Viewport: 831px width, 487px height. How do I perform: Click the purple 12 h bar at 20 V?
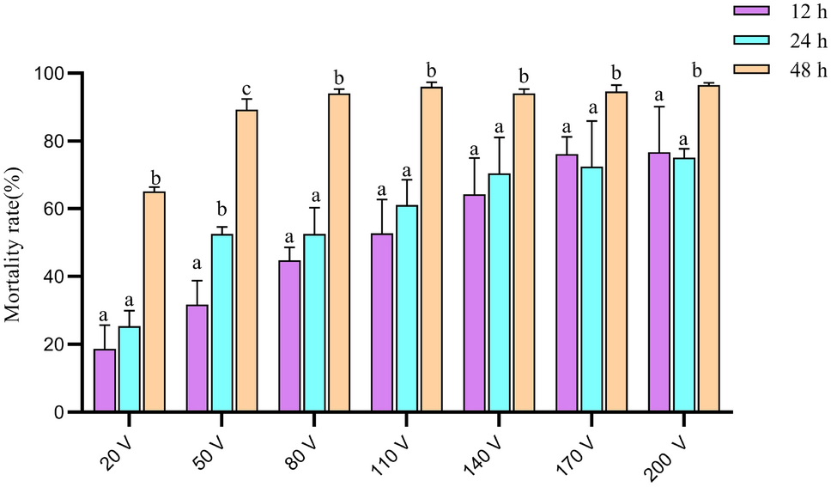pyautogui.click(x=105, y=380)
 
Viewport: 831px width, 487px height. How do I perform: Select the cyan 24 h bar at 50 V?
pyautogui.click(x=221, y=323)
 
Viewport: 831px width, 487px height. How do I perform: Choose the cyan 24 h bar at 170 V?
pyautogui.click(x=591, y=289)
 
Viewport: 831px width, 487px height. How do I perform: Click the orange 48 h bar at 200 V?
pyautogui.click(x=708, y=248)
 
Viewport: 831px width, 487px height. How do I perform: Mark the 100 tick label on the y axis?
pyautogui.click(x=49, y=73)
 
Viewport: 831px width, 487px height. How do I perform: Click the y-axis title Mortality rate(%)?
pyautogui.click(x=13, y=242)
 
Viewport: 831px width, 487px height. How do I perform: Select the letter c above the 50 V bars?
pyautogui.click(x=246, y=89)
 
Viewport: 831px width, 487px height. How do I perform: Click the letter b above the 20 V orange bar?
pyautogui.click(x=154, y=176)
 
